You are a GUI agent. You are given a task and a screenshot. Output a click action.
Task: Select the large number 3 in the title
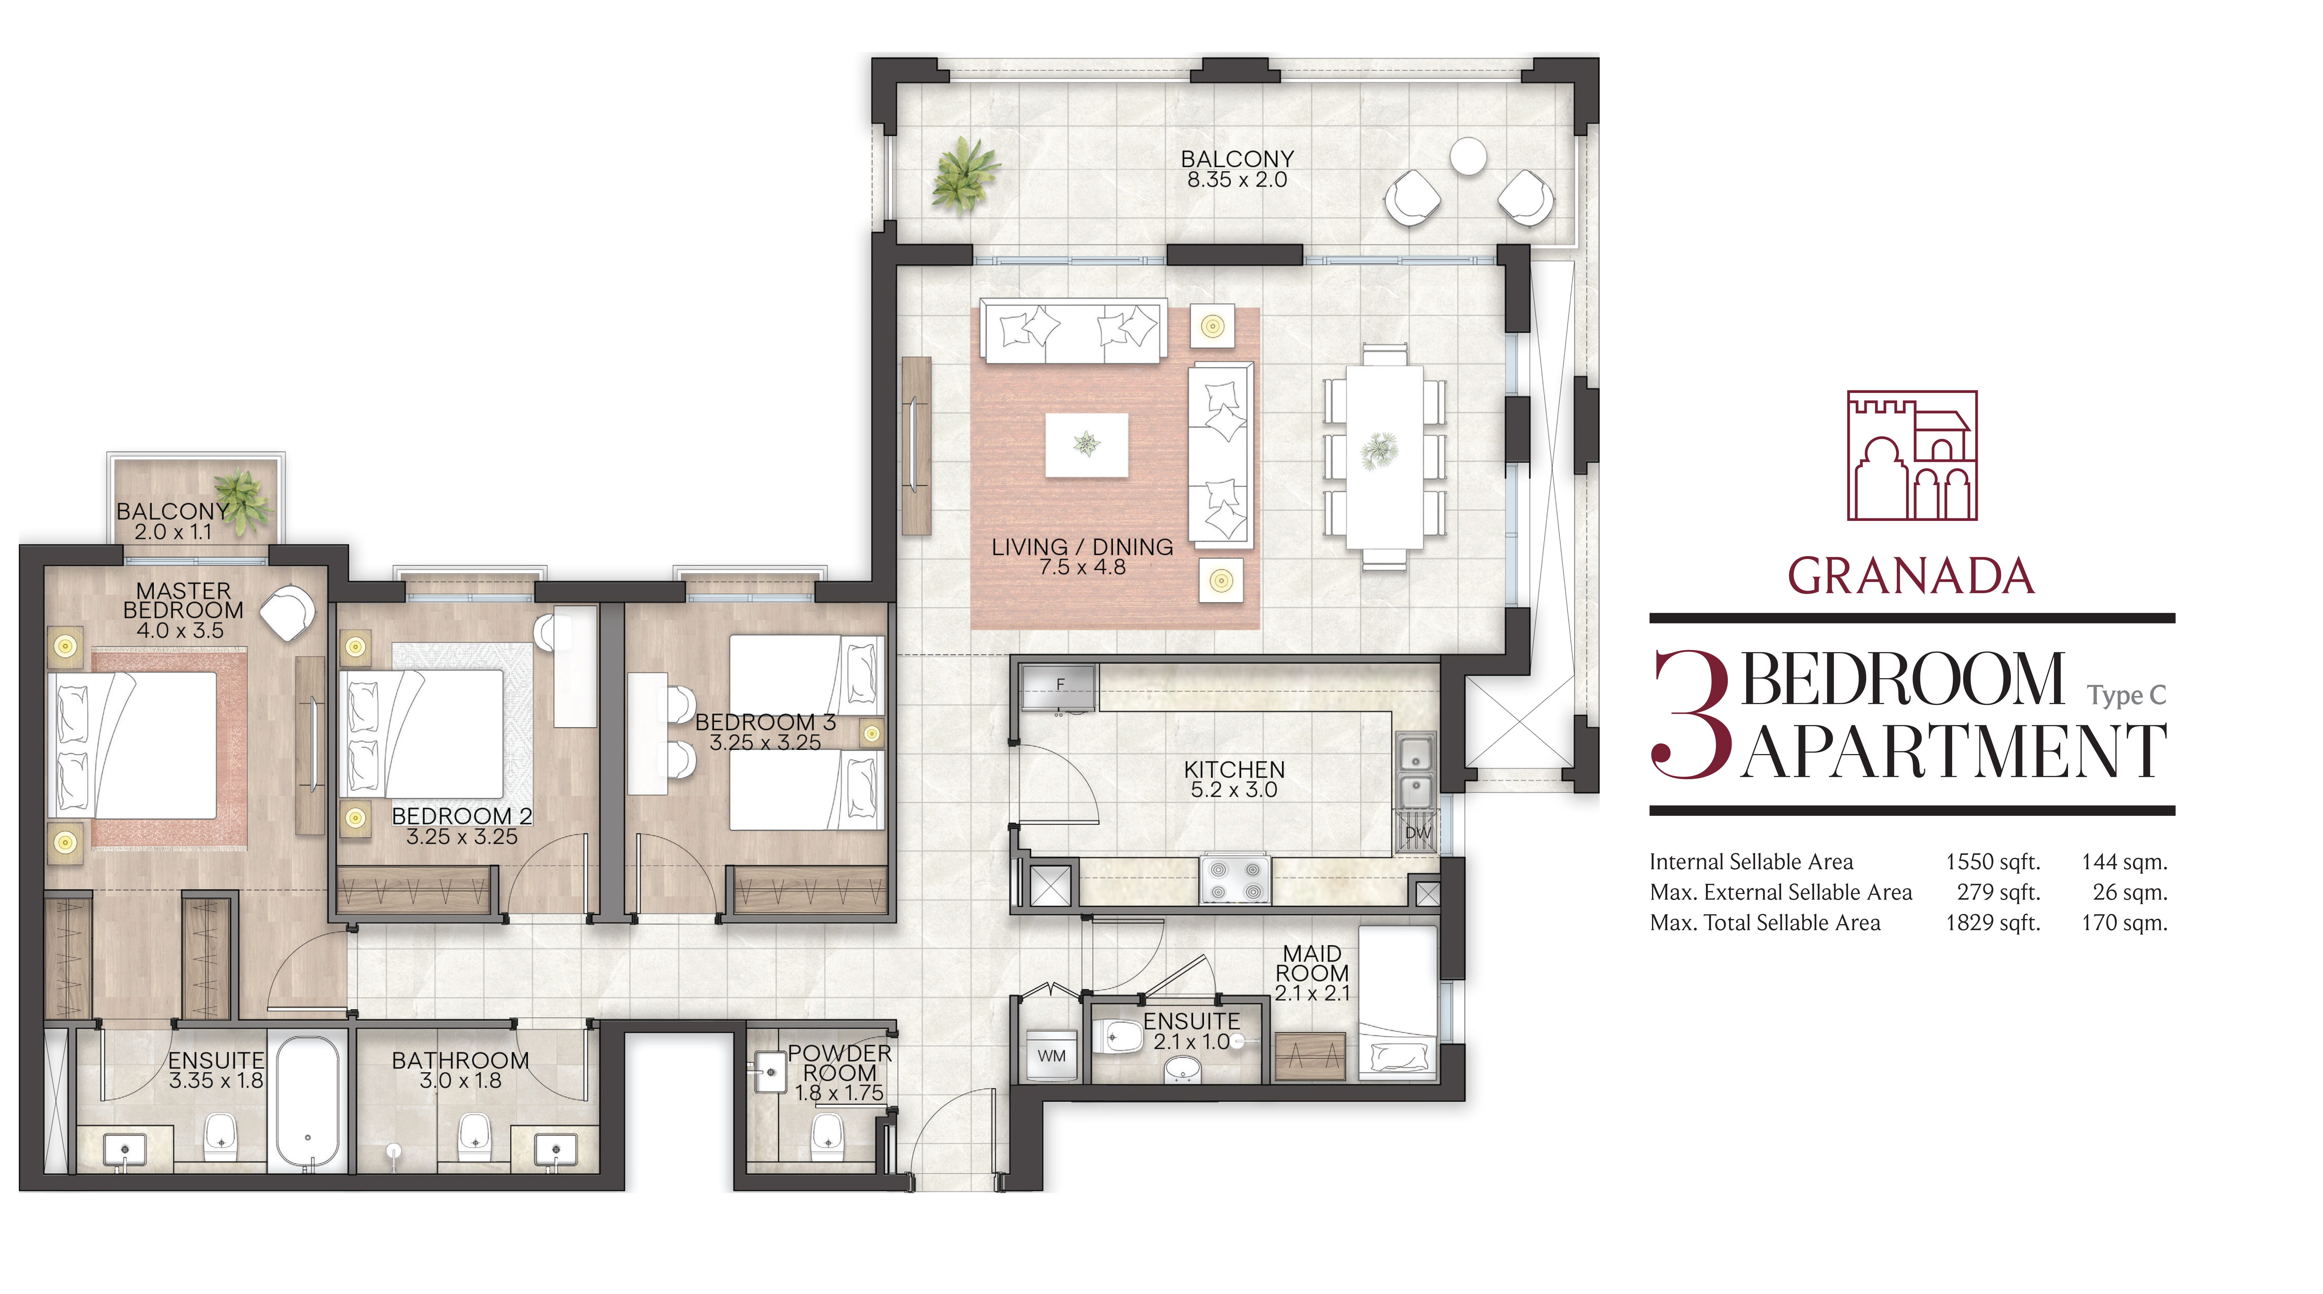[x=1691, y=714]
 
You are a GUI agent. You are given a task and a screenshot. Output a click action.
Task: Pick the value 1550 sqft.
[x=1993, y=862]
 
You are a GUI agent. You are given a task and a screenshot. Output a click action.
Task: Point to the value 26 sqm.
[x=2130, y=893]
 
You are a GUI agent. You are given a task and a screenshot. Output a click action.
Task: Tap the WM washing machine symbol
[x=1051, y=1055]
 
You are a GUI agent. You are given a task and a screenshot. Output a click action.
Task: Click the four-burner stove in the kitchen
[x=1234, y=879]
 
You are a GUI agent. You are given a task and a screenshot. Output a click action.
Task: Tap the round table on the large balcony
[x=1468, y=156]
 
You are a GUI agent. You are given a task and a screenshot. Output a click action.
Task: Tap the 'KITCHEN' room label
[x=1234, y=769]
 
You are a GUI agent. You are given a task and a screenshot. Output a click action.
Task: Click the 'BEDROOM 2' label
[x=462, y=816]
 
